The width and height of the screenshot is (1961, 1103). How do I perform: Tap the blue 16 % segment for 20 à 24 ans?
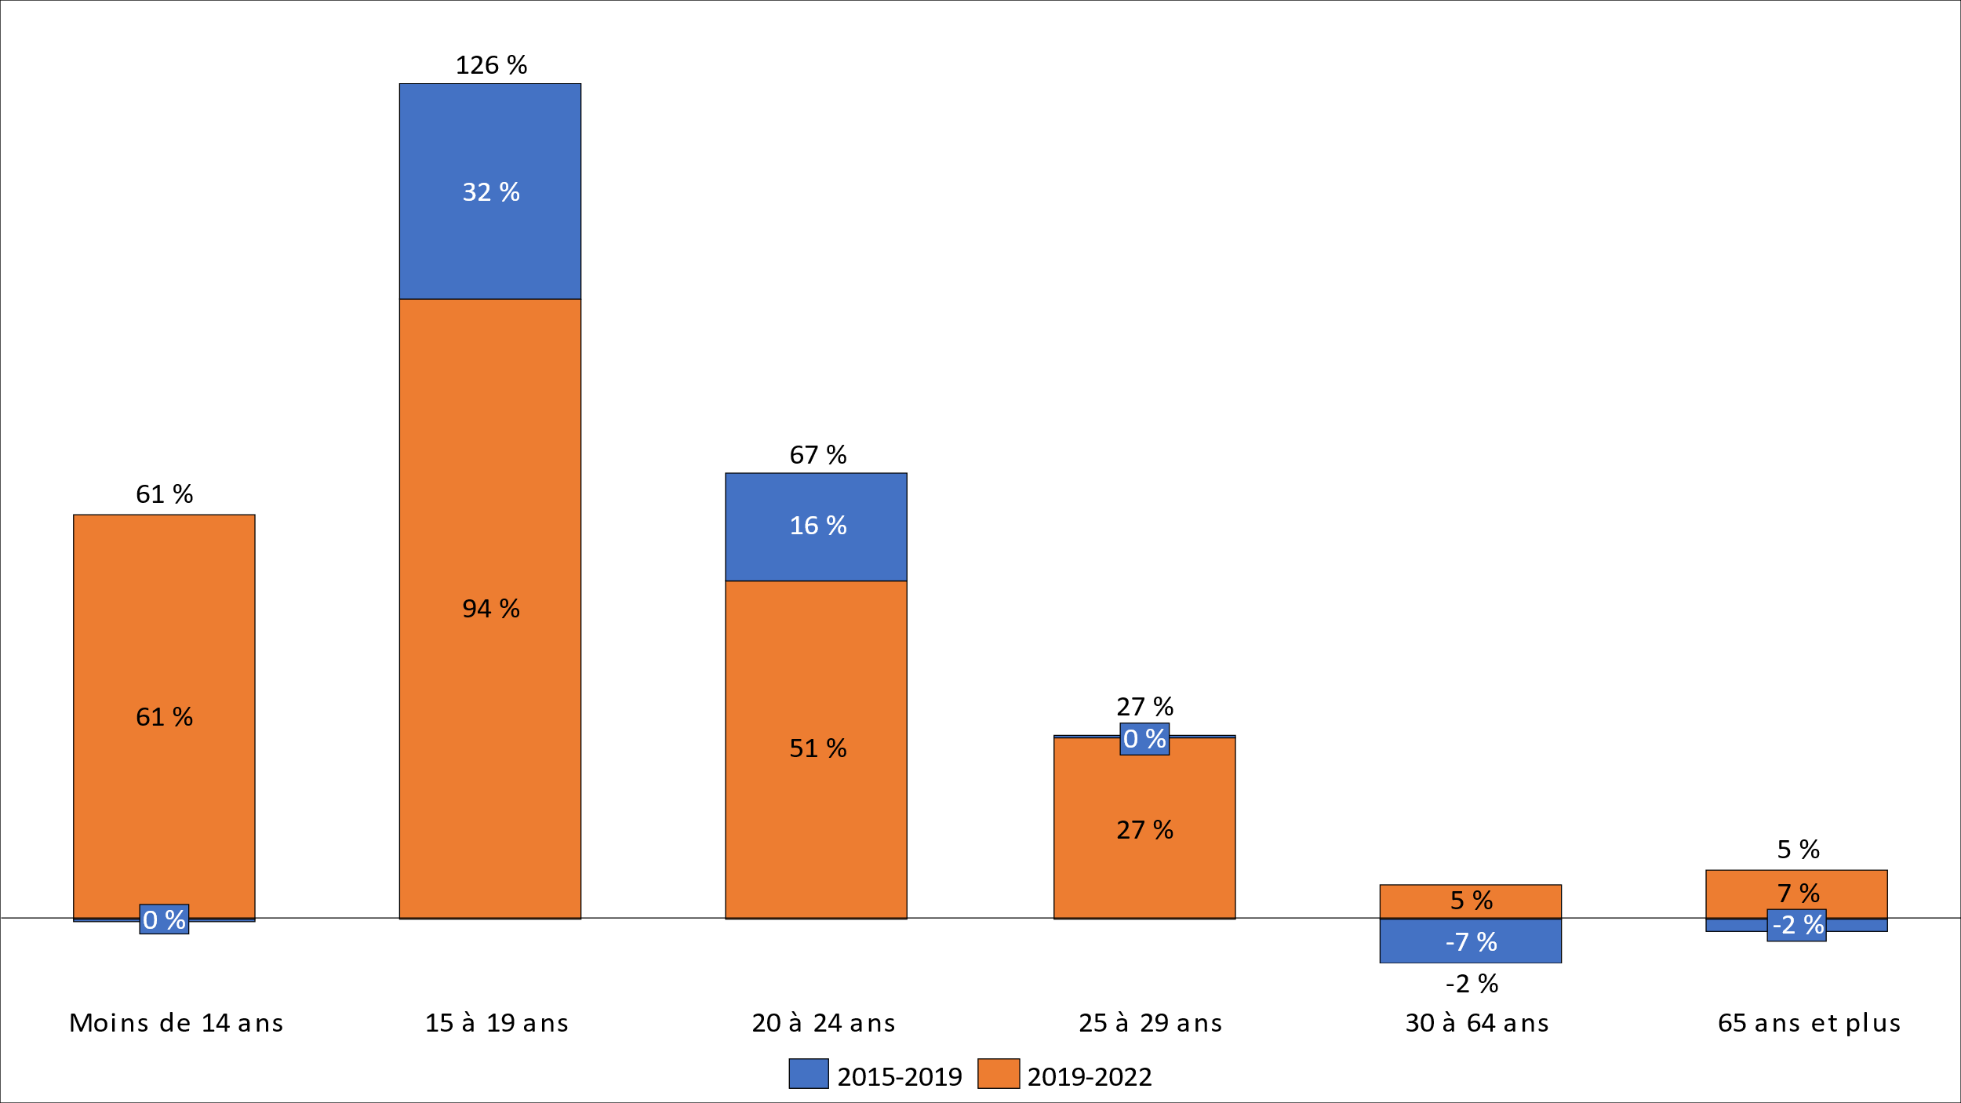pyautogui.click(x=816, y=549)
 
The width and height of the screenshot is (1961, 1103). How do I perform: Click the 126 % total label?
pyautogui.click(x=491, y=65)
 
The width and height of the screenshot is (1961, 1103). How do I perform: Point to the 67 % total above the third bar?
pyautogui.click(x=817, y=455)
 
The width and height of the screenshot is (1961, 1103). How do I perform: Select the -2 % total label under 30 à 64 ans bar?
pyautogui.click(x=1472, y=984)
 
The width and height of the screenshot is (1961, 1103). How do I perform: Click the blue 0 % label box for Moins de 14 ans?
pyautogui.click(x=164, y=919)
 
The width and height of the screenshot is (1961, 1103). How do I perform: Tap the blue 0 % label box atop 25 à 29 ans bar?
pyautogui.click(x=1144, y=739)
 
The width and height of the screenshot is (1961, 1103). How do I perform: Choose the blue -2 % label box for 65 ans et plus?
pyautogui.click(x=1797, y=925)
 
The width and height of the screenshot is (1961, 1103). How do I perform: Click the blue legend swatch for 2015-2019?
pyautogui.click(x=808, y=1074)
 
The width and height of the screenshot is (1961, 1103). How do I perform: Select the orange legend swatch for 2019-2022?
pyautogui.click(x=998, y=1074)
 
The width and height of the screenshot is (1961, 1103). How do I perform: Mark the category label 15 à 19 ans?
pyautogui.click(x=497, y=1023)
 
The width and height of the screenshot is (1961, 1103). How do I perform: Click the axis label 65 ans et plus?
pyautogui.click(x=1809, y=1023)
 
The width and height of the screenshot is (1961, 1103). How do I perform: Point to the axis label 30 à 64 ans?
pyautogui.click(x=1476, y=1023)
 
